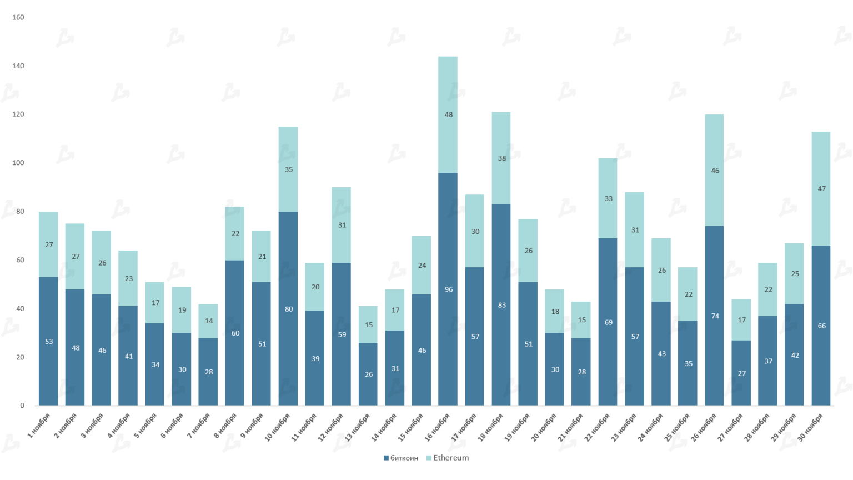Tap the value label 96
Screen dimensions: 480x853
coord(449,289)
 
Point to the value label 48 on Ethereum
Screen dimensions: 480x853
coord(449,114)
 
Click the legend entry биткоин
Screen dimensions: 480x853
coord(401,458)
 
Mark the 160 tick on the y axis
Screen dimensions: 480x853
coord(18,17)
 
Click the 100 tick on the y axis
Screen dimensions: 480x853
coord(18,163)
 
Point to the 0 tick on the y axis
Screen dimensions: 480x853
coord(22,406)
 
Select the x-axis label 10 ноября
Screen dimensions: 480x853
coord(278,427)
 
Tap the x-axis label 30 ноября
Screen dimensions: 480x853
coord(810,427)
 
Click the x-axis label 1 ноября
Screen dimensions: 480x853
coord(39,426)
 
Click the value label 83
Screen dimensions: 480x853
coord(502,305)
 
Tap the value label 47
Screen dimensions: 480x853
coord(822,189)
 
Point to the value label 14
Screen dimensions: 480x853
coord(209,321)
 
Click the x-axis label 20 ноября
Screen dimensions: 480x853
coord(544,427)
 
